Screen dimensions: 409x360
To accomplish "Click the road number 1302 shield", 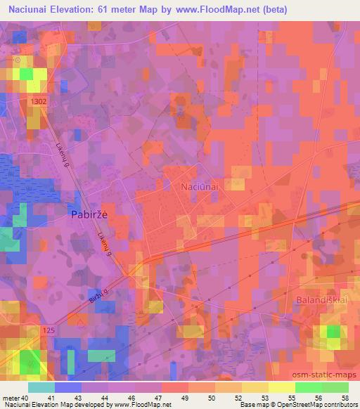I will [39, 102].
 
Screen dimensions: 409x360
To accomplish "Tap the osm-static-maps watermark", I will [326, 375].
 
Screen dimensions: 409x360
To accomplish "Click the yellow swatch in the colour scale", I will [281, 387].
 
